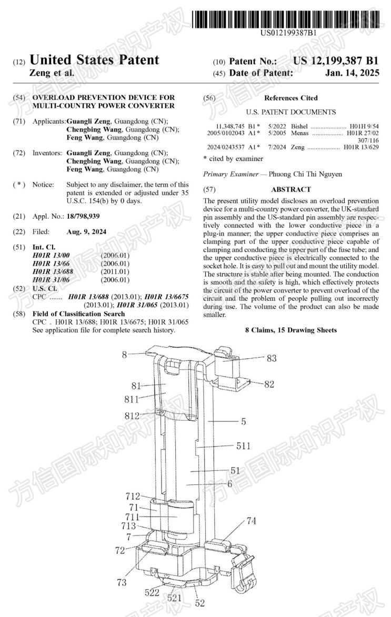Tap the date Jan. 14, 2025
(352, 74)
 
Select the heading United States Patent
(95, 60)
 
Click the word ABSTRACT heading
(290, 189)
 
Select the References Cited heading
(290, 98)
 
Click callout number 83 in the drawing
(272, 358)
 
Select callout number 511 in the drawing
(243, 447)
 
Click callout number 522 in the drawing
(152, 593)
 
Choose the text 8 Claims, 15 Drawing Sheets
(291, 330)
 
